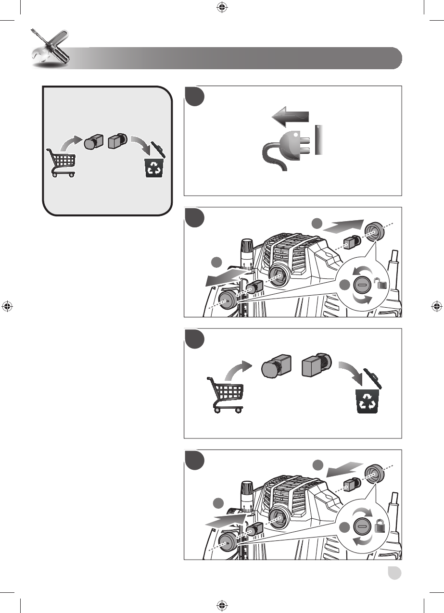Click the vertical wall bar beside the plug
coord(317,140)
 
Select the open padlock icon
coord(382,284)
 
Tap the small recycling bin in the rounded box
coord(154,167)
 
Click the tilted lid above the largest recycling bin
coord(373,378)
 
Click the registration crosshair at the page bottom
coord(222,606)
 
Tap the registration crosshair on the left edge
coord(7,306)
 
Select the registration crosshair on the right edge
coord(436,306)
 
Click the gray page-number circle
coord(395,574)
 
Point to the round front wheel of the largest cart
coord(239,410)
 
